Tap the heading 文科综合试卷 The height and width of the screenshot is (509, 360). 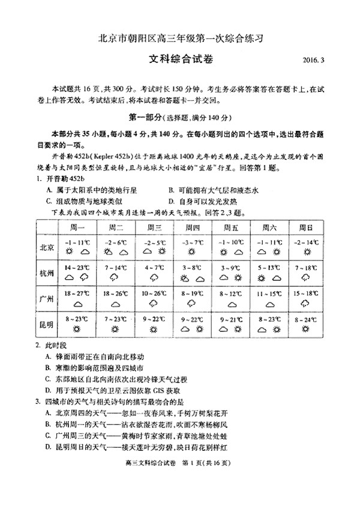181,59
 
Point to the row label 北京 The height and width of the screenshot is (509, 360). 47,247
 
